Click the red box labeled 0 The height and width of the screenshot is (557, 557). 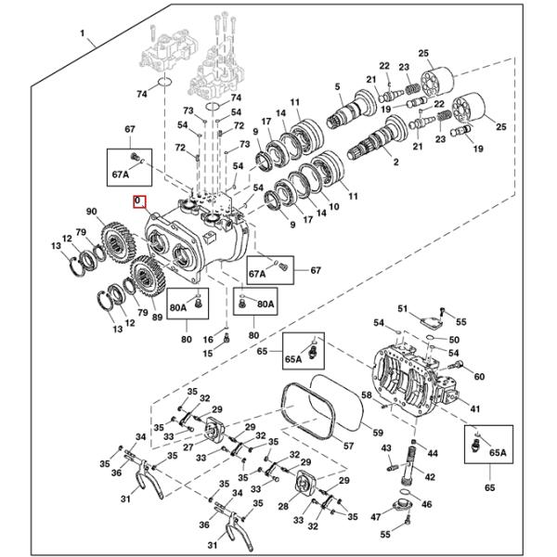(138, 201)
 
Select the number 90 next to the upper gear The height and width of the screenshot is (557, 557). (92, 212)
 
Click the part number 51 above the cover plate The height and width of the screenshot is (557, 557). (403, 308)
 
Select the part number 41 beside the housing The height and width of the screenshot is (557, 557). (475, 409)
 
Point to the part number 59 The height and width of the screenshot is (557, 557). (377, 432)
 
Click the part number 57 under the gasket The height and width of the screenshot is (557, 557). (349, 446)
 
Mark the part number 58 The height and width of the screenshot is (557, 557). (367, 395)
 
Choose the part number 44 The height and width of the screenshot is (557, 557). (432, 456)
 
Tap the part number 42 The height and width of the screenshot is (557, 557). (430, 477)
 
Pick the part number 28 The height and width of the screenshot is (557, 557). (283, 507)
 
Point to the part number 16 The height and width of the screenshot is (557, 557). (209, 338)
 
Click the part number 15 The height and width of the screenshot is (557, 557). (208, 353)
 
